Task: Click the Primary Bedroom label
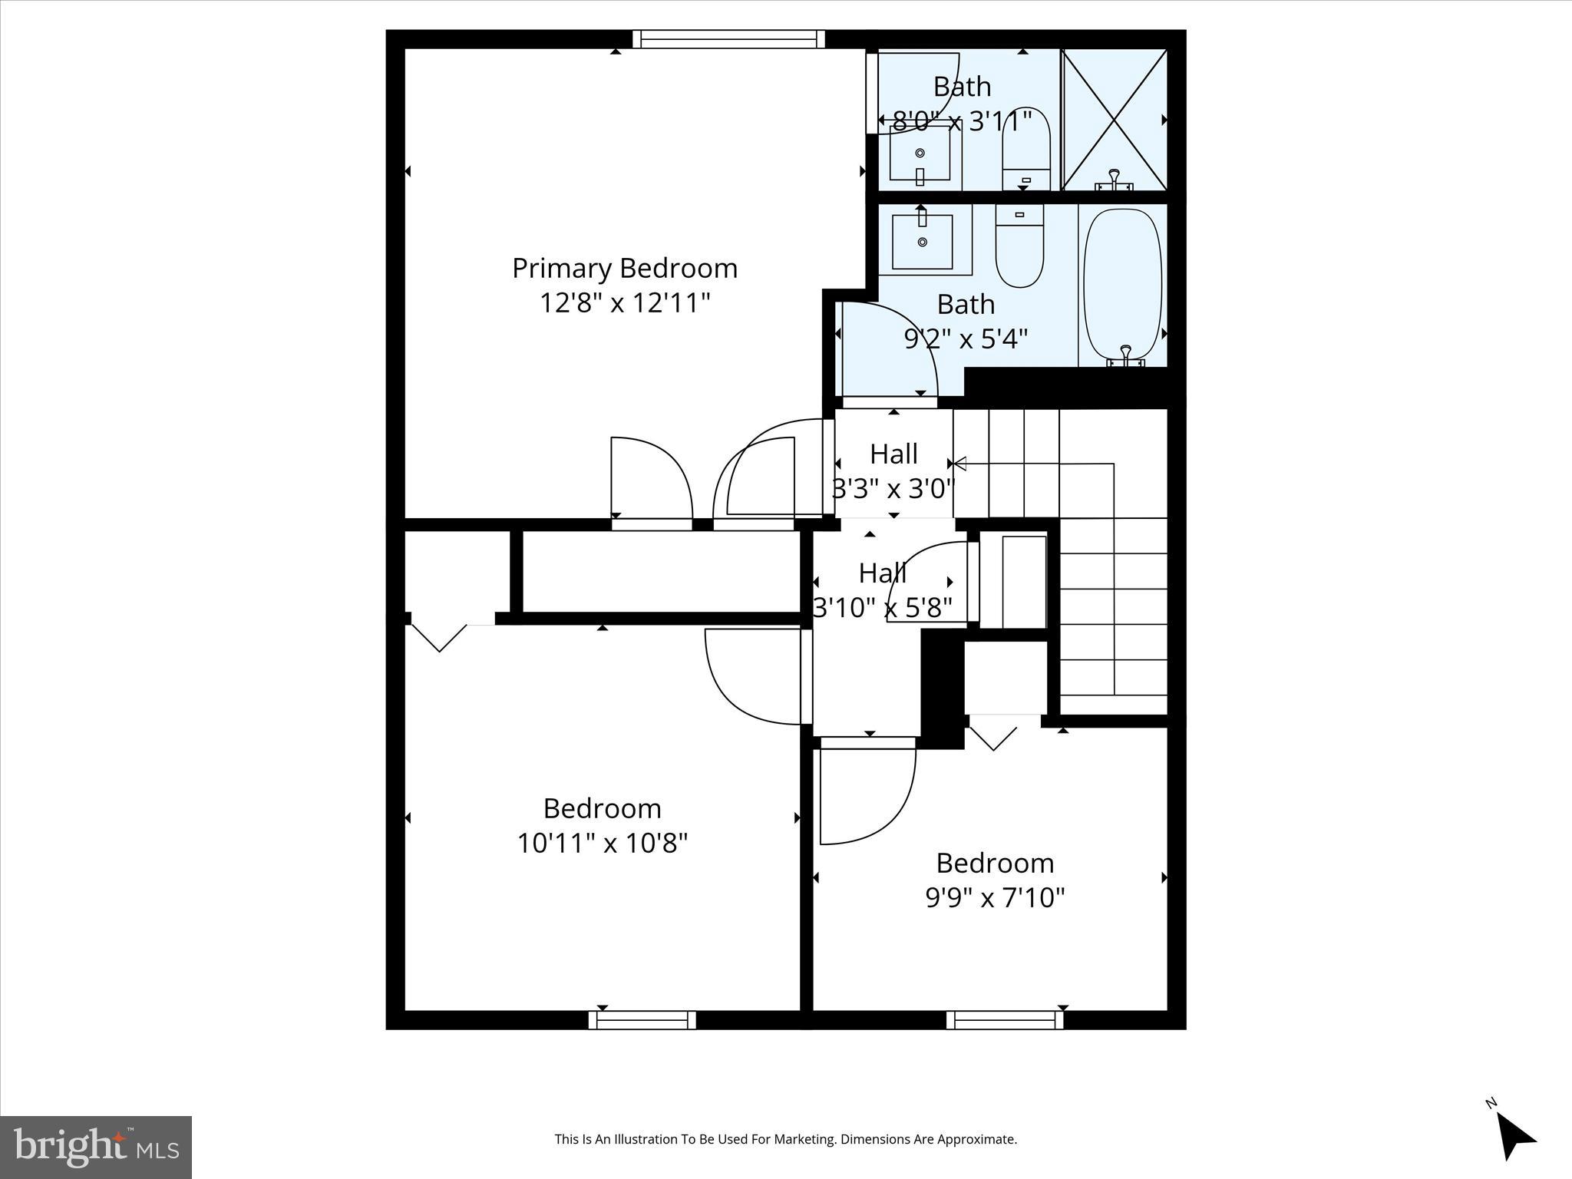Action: [x=624, y=269]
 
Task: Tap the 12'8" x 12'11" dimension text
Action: [x=624, y=303]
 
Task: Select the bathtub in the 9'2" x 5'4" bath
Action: [x=1122, y=284]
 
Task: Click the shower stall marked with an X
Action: [x=1115, y=120]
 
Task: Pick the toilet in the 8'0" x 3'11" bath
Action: [x=1026, y=150]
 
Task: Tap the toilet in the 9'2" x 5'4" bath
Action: [x=1019, y=246]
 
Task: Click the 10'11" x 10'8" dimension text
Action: [x=602, y=844]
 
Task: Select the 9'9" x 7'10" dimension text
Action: [x=995, y=897]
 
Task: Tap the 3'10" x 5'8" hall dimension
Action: [x=883, y=608]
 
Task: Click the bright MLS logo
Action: [x=96, y=1147]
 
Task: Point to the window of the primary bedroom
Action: [x=728, y=39]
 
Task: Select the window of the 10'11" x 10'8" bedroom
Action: [x=642, y=1019]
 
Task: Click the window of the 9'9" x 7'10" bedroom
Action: [x=1004, y=1019]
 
